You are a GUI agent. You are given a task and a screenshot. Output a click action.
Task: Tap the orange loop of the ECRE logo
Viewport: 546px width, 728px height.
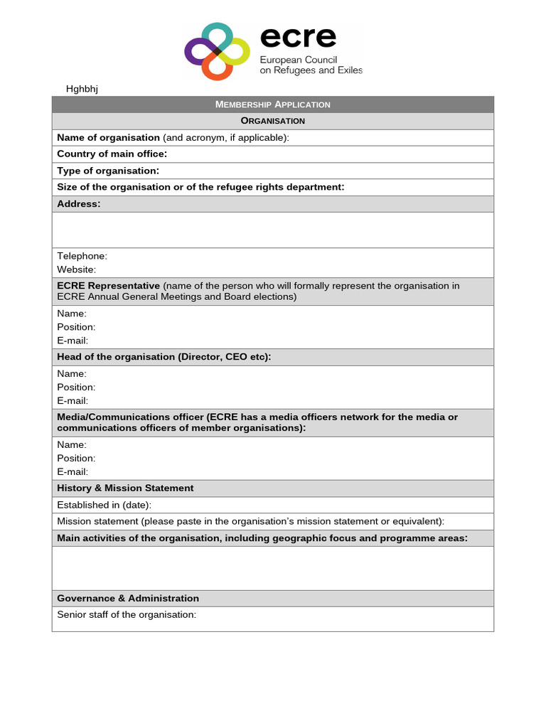coord(215,68)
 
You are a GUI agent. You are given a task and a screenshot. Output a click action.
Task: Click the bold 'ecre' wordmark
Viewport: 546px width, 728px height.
coord(298,37)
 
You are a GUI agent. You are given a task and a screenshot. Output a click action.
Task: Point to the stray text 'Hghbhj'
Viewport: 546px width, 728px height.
coord(82,89)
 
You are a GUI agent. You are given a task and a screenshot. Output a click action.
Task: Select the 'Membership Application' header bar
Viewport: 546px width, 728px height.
coord(272,105)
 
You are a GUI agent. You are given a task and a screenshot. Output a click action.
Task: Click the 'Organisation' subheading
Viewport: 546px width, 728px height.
coord(272,121)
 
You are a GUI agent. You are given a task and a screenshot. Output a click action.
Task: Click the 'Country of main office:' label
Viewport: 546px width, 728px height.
coord(112,154)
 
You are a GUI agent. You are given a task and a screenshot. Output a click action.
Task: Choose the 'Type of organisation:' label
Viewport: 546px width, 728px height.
coord(108,171)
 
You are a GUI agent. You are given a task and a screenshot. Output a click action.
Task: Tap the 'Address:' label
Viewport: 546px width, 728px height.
coord(79,204)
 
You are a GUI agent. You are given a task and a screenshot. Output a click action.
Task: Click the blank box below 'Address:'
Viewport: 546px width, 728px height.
coord(272,230)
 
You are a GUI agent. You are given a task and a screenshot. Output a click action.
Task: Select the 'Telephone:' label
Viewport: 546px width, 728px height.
coord(82,256)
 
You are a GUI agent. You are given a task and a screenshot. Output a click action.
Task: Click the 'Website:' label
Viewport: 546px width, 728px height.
coord(76,269)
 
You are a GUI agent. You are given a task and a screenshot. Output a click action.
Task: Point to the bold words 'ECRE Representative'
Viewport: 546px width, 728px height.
coord(108,286)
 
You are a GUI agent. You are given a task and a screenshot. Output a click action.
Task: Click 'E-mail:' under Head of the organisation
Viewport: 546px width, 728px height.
coord(73,401)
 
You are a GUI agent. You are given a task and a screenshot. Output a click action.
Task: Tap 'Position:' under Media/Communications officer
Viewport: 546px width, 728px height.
coord(76,458)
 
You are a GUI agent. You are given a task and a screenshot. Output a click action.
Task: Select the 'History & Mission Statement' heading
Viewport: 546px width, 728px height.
coord(125,488)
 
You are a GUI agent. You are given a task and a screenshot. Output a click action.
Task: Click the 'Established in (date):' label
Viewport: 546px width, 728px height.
coord(104,505)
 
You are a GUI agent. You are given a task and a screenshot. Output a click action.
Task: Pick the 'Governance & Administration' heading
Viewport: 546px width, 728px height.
coord(128,599)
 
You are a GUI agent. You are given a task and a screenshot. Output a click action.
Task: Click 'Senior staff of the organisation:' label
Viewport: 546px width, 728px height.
coord(127,614)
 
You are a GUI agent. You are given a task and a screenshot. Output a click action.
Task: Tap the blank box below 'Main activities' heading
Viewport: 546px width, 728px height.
coord(272,568)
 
